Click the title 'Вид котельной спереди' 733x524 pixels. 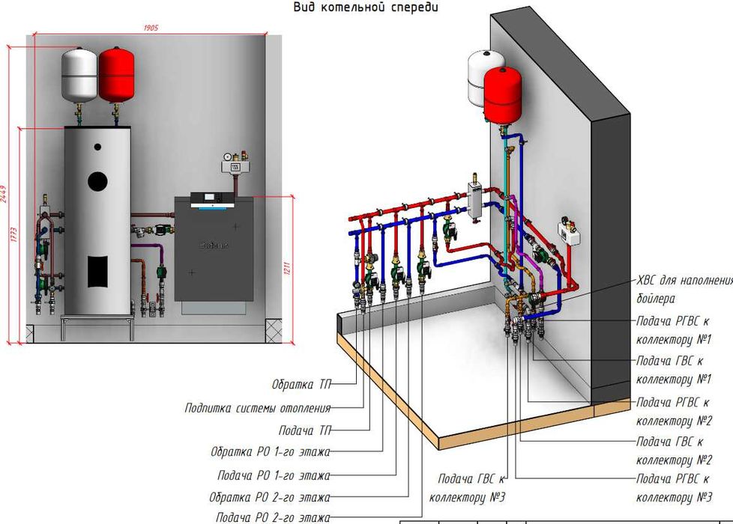pos(365,7)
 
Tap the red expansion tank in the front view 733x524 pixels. pos(115,75)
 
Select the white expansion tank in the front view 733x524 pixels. pos(79,75)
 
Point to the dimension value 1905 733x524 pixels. pos(150,28)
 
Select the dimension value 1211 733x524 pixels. pos(288,268)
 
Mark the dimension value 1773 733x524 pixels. pos(14,235)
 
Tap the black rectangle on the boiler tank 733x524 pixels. pos(97,270)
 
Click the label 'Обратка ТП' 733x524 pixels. pos(303,385)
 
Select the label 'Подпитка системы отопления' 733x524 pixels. pos(257,408)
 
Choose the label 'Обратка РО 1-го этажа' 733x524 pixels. pos(271,453)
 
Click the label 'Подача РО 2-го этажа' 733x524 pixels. pos(273,517)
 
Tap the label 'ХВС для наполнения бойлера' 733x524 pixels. pos(684,290)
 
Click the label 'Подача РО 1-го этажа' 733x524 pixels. pos(274,475)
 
